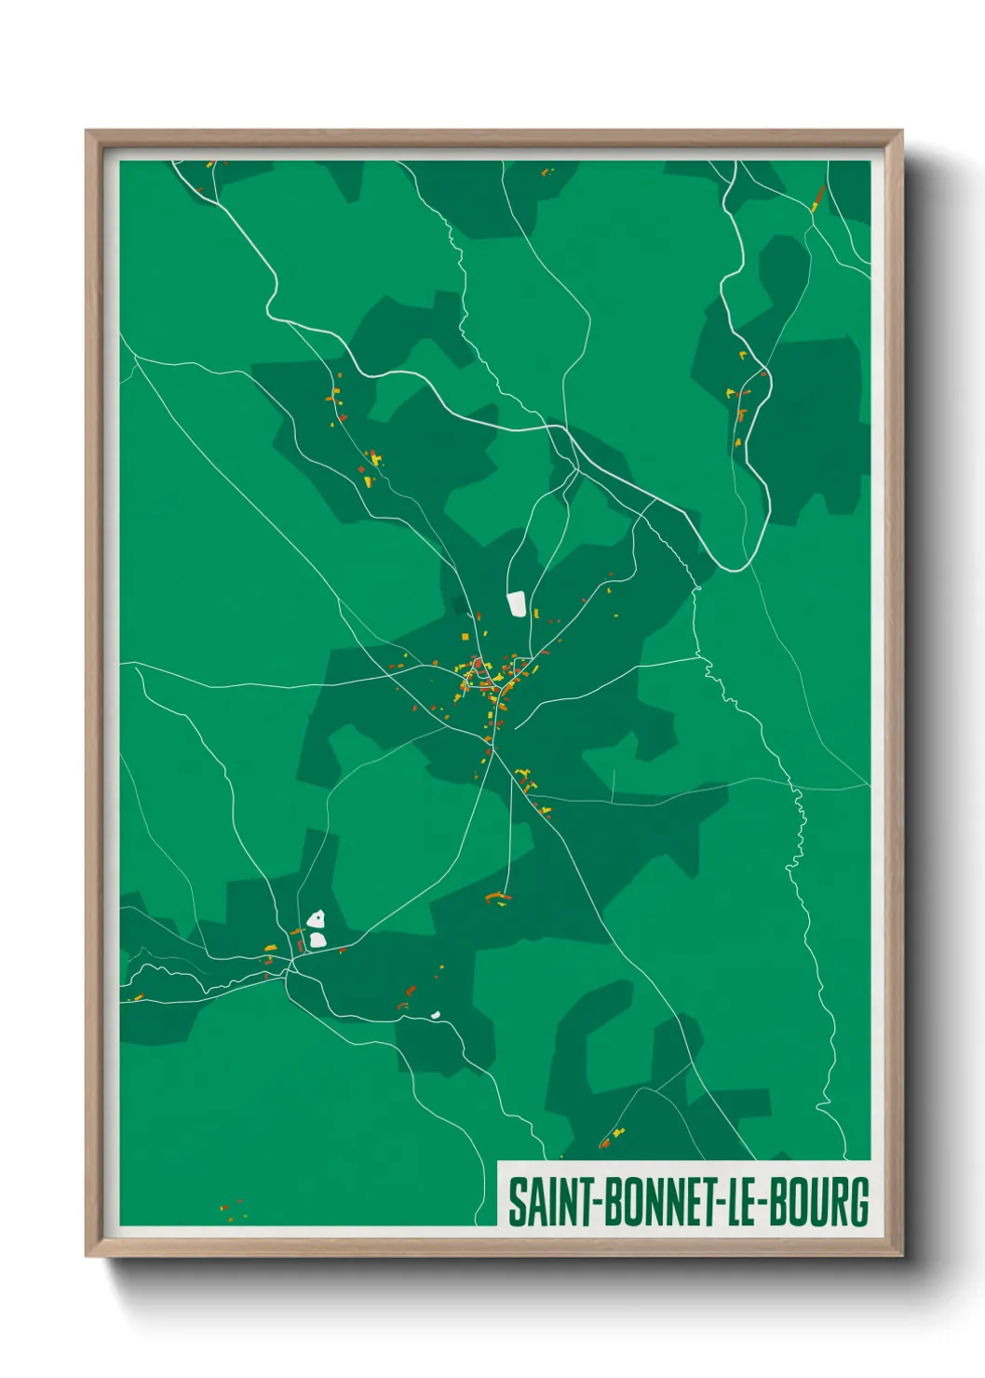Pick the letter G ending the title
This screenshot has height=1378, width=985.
coord(859,1202)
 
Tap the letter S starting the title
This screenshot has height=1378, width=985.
coord(516,1202)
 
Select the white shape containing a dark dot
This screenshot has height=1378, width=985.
coord(317,919)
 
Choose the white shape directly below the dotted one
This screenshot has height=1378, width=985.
coord(317,939)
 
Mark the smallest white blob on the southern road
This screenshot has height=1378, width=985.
coord(435,1014)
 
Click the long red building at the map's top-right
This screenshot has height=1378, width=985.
coord(818,196)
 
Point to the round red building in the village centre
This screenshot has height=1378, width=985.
coord(477,663)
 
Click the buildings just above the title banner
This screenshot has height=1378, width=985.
coord(612,1137)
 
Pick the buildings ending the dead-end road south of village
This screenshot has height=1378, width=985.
coord(498,898)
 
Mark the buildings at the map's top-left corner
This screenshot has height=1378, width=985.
coord(210,165)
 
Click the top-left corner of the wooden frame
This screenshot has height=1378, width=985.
coord(87,131)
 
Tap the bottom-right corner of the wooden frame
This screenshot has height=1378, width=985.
coord(901,1255)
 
